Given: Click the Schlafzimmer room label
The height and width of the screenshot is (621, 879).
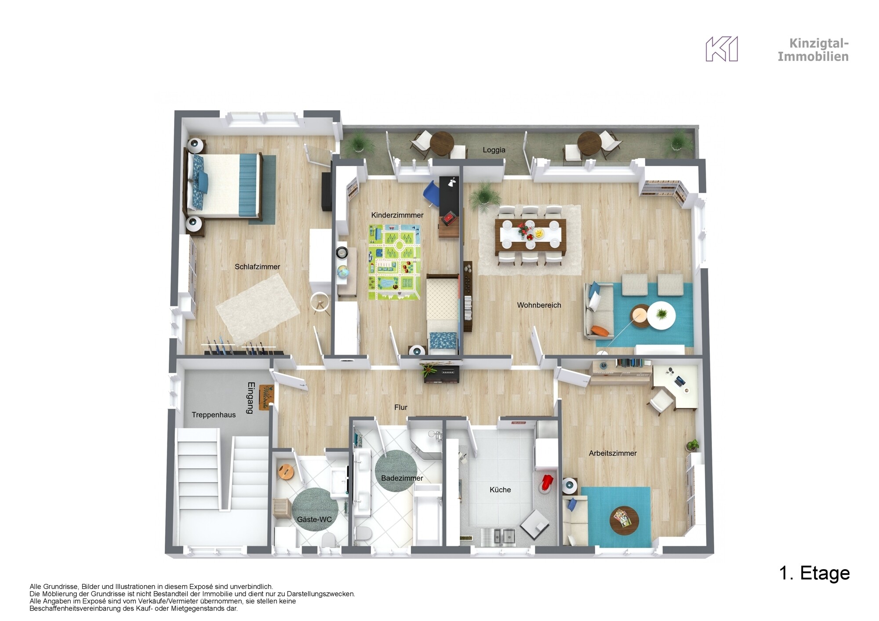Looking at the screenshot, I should pyautogui.click(x=257, y=267).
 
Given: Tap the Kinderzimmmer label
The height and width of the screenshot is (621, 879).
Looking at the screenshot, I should pyautogui.click(x=397, y=215).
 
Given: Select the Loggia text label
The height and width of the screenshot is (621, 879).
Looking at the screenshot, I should pyautogui.click(x=494, y=150).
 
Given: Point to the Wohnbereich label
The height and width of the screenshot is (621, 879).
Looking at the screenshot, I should pyautogui.click(x=539, y=305).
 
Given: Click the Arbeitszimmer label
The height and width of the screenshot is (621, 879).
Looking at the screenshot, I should pyautogui.click(x=613, y=453).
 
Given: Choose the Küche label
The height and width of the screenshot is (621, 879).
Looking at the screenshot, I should pyautogui.click(x=500, y=490).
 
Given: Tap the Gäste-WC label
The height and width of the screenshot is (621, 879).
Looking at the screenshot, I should pyautogui.click(x=314, y=519).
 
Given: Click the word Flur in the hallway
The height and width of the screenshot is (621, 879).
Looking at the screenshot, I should pyautogui.click(x=401, y=407).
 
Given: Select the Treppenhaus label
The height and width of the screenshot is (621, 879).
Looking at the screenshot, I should pyautogui.click(x=214, y=415).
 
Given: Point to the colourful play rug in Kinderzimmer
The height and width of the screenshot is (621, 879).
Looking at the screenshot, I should pyautogui.click(x=394, y=262).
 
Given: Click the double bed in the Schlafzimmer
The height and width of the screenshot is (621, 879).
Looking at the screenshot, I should pyautogui.click(x=224, y=186).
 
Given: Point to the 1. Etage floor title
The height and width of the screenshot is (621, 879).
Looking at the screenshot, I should pyautogui.click(x=814, y=573).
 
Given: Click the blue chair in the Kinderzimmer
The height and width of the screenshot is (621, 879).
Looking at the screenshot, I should pyautogui.click(x=431, y=194).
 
